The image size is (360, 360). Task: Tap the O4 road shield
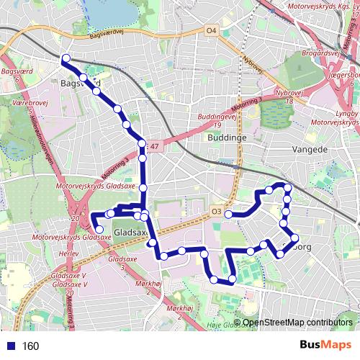(x=210, y=31)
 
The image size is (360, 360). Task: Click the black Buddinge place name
(x=227, y=137)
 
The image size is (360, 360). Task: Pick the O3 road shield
(x=217, y=211)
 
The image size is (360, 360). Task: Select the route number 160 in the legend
(x=30, y=346)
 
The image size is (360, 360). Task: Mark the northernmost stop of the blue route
(x=66, y=59)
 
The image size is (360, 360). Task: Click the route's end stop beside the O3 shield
(x=228, y=214)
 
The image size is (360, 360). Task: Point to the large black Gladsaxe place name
(x=130, y=233)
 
